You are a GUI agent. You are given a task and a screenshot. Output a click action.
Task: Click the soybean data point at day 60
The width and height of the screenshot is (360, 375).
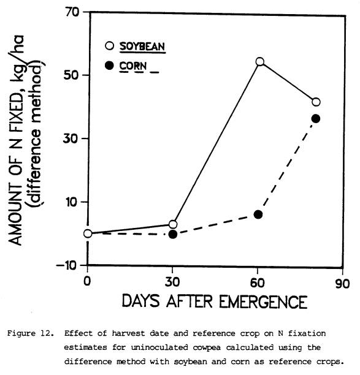[x=260, y=62]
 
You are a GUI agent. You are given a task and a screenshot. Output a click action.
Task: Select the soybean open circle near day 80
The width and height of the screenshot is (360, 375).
[x=316, y=102]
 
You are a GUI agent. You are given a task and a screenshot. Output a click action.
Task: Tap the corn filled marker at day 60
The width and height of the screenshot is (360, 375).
[x=258, y=214]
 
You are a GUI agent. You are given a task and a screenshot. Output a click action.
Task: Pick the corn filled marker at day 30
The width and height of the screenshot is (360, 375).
[x=173, y=234]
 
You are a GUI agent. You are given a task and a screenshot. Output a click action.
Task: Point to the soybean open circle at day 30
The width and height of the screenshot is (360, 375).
[x=173, y=224]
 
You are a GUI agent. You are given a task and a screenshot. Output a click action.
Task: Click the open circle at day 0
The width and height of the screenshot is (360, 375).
[x=88, y=233]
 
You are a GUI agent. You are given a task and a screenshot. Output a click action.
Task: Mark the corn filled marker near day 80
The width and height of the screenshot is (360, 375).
[x=316, y=119]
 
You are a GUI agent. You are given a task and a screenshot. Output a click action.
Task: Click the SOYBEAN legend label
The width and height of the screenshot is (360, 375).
[x=142, y=46]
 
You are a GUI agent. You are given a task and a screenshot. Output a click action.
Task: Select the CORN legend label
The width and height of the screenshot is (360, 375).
[x=133, y=66]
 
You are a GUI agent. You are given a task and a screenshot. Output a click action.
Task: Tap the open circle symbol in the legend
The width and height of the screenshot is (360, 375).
[x=109, y=46]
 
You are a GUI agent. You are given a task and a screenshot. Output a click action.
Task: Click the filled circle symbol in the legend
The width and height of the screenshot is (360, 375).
[x=109, y=66]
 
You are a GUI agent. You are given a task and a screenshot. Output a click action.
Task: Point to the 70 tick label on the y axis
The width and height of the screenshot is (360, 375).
[x=72, y=12]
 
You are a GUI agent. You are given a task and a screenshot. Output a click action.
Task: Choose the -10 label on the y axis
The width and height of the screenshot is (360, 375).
[x=66, y=265]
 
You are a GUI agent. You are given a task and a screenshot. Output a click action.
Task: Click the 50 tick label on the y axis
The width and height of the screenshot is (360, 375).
[x=71, y=75]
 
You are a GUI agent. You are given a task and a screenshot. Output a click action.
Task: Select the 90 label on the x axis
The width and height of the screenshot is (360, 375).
[x=342, y=284]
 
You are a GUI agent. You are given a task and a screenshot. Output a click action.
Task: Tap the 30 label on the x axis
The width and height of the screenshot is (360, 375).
[x=172, y=282]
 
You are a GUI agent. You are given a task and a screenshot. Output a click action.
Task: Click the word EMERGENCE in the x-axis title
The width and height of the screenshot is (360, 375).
[x=263, y=301]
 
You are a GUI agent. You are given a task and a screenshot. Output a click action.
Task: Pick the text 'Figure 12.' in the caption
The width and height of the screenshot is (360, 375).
[x=31, y=333]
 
